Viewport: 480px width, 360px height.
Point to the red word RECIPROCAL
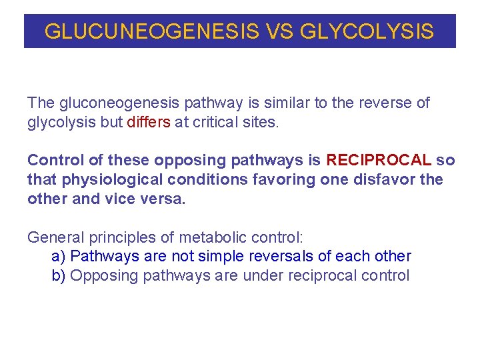coord(379,161)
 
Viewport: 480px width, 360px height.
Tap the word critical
coord(221,123)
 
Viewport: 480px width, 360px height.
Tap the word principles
coord(118,237)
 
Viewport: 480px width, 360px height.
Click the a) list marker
coord(58,257)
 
